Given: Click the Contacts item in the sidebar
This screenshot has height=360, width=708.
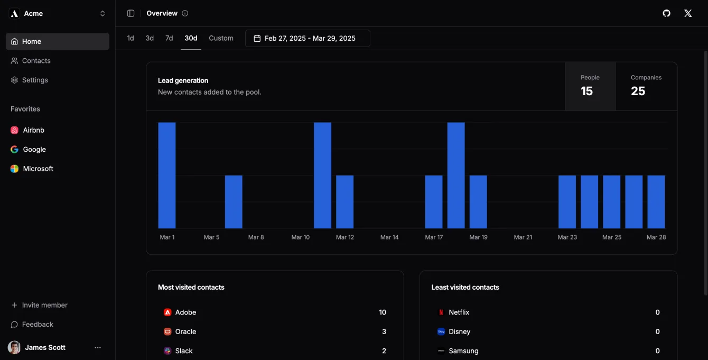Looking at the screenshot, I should (36, 61).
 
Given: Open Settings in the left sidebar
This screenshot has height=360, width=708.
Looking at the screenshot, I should (35, 80).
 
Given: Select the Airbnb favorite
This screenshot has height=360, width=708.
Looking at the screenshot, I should (33, 130).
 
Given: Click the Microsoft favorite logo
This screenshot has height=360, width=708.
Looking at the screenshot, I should (14, 169).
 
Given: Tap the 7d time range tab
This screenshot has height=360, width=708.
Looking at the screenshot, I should (169, 38).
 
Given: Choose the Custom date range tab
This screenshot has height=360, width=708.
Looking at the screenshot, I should (221, 38).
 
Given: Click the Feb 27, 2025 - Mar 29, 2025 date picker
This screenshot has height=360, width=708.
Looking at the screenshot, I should (308, 38).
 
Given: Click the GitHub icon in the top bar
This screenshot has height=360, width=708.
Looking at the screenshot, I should (666, 13).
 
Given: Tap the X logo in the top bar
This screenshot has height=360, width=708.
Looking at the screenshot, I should (687, 13).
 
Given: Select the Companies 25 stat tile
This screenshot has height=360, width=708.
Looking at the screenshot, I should (646, 86).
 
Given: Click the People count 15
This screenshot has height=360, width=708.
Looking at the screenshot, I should (586, 91).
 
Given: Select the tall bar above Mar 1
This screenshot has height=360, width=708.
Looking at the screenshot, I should (167, 175).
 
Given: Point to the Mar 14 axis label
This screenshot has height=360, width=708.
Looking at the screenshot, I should (389, 237).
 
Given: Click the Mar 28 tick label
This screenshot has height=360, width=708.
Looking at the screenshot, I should (656, 237).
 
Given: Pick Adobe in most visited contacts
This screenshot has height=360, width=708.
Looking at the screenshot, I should (185, 312).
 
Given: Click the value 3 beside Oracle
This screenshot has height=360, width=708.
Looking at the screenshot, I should (384, 331).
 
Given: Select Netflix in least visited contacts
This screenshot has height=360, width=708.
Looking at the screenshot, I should (459, 312).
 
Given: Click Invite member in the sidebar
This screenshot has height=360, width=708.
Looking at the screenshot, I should (44, 305).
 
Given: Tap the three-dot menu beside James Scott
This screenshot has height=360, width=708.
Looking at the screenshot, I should (98, 347).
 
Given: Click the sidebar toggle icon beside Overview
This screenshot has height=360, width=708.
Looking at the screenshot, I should (131, 13).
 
